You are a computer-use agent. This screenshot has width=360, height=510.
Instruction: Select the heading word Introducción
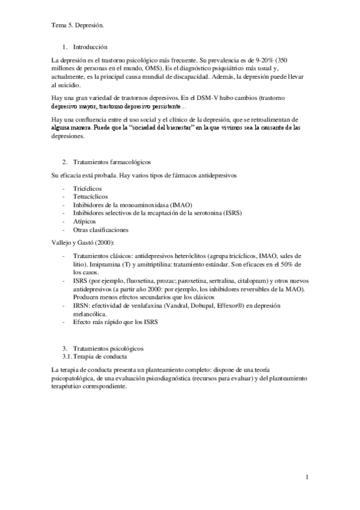(90, 47)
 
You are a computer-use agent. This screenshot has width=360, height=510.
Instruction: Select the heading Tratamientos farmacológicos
(112, 163)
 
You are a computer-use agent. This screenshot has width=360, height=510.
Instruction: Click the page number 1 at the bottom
(307, 478)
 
